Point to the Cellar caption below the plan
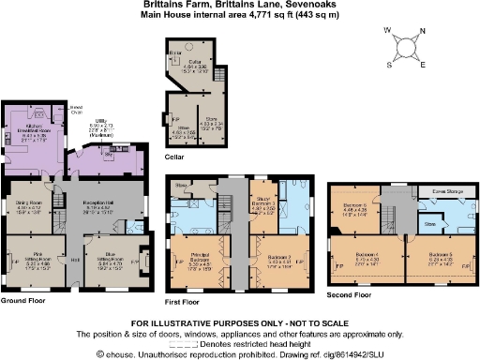[175, 157]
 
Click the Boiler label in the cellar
[175, 53]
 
